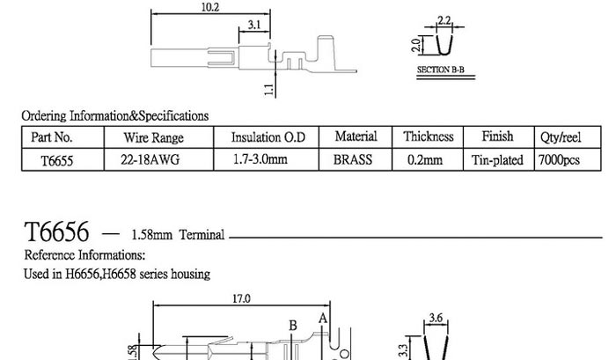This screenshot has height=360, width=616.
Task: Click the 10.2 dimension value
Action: [x=210, y=7]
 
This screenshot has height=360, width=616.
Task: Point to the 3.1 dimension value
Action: [x=254, y=25]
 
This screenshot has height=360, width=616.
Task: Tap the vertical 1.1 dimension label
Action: [x=268, y=90]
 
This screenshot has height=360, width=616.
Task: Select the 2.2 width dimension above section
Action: [x=444, y=20]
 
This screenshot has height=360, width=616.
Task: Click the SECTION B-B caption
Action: [x=440, y=70]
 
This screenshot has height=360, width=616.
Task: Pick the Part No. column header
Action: [x=52, y=137]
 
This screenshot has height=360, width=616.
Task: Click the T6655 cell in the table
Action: [x=57, y=161]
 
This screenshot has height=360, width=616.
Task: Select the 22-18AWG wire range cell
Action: [x=150, y=159]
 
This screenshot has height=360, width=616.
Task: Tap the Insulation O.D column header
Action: [x=268, y=137]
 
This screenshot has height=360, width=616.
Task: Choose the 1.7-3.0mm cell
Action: [x=260, y=159]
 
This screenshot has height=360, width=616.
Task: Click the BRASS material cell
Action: [x=353, y=160]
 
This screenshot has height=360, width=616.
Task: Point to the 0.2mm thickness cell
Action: [x=425, y=160]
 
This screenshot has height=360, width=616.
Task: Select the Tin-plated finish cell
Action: [x=497, y=160]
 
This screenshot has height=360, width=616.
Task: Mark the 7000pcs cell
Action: [x=559, y=160]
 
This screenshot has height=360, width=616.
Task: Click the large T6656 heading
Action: [x=56, y=231]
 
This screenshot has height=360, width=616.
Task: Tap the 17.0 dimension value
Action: [x=241, y=299]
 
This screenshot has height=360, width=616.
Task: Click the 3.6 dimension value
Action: [x=436, y=318]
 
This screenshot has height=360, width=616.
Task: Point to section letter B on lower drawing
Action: [x=293, y=326]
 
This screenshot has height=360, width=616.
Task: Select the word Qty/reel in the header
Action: [x=561, y=137]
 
